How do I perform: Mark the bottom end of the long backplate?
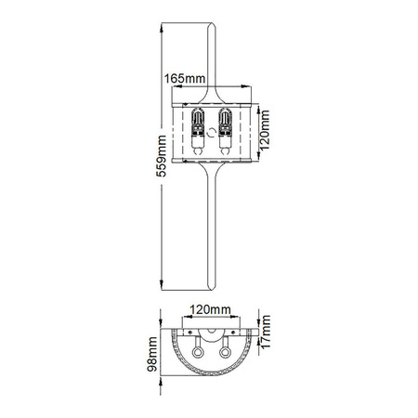click(210, 284)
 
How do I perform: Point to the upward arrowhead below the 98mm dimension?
click(159, 383)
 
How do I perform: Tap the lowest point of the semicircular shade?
click(210, 383)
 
